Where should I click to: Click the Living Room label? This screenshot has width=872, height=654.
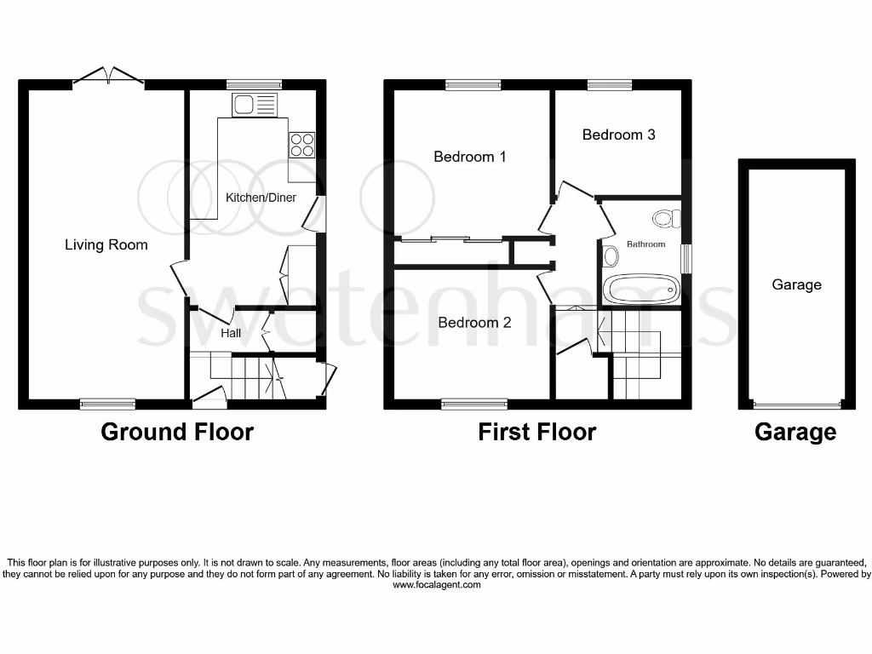[106, 245]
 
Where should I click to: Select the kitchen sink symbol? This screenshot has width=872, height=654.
[255, 106]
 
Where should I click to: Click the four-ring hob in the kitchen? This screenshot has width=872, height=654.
[301, 145]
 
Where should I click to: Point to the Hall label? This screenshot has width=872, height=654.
[231, 333]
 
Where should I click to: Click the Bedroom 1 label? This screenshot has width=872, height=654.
[470, 157]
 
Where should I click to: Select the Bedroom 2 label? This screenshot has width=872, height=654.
[474, 323]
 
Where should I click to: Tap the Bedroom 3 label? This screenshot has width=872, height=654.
[618, 135]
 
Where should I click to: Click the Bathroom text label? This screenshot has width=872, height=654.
[645, 244]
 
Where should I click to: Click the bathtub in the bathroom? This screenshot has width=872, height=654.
[643, 290]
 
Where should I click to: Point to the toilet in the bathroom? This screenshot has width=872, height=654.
[667, 219]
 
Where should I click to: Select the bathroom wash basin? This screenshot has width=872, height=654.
[611, 255]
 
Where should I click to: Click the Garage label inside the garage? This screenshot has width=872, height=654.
[796, 284]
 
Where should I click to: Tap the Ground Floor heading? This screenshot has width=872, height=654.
[177, 432]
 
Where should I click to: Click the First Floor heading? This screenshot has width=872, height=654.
[536, 432]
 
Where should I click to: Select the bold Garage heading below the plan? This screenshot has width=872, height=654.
[795, 433]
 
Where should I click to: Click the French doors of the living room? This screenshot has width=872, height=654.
[108, 78]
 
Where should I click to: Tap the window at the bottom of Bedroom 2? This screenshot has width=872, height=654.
[474, 404]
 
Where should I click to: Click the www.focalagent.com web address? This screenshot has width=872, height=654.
[435, 585]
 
